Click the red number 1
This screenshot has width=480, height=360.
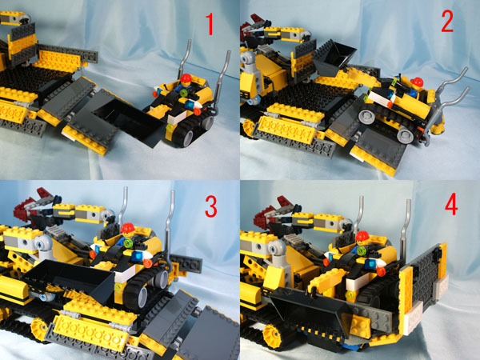pyautogui.click(x=210, y=26)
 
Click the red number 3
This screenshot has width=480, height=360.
pyautogui.click(x=211, y=207)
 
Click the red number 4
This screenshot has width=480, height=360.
pyautogui.click(x=452, y=206)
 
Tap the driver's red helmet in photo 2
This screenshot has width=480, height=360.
pyautogui.click(x=415, y=81)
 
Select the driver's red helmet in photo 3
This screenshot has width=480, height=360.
pyautogui.click(x=126, y=227)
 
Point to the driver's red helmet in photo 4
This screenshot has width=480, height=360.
pyautogui.click(x=362, y=236)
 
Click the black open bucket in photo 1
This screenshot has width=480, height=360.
pyautogui.click(x=120, y=120)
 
